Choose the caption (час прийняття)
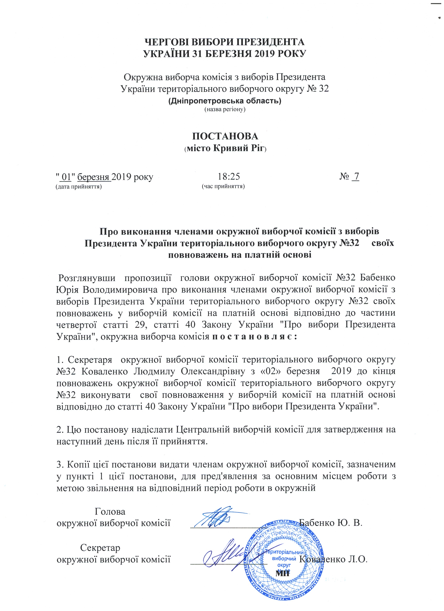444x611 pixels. tap(223, 186)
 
